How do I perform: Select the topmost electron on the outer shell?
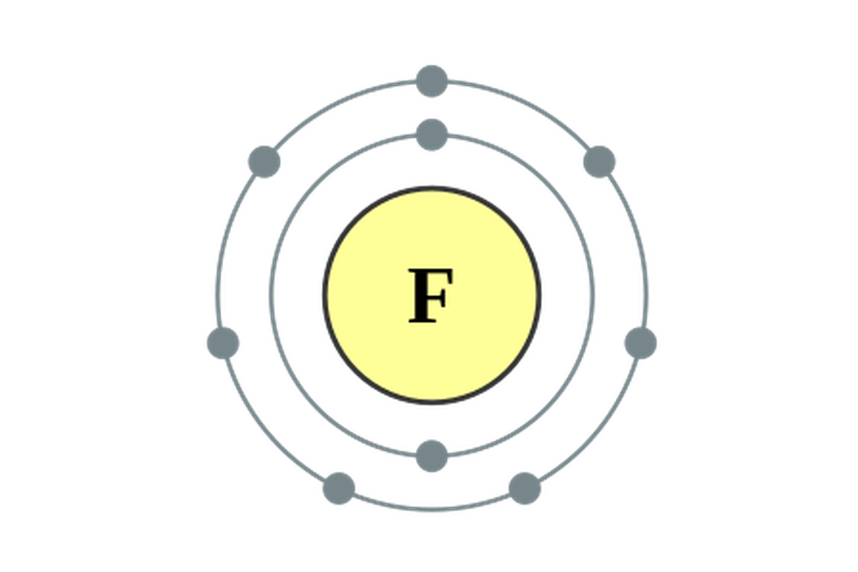tap(432, 80)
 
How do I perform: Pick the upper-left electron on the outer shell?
tap(264, 162)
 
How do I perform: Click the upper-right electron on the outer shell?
tap(599, 162)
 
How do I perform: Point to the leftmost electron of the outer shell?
tap(223, 342)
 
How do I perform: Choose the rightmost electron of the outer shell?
tap(640, 342)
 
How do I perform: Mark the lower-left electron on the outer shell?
tap(338, 488)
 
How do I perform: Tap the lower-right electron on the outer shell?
tap(525, 488)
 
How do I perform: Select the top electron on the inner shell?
tap(432, 134)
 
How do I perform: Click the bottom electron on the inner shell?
tap(432, 455)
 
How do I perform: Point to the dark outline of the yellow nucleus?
tap(323, 293)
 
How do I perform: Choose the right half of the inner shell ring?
tap(592, 293)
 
